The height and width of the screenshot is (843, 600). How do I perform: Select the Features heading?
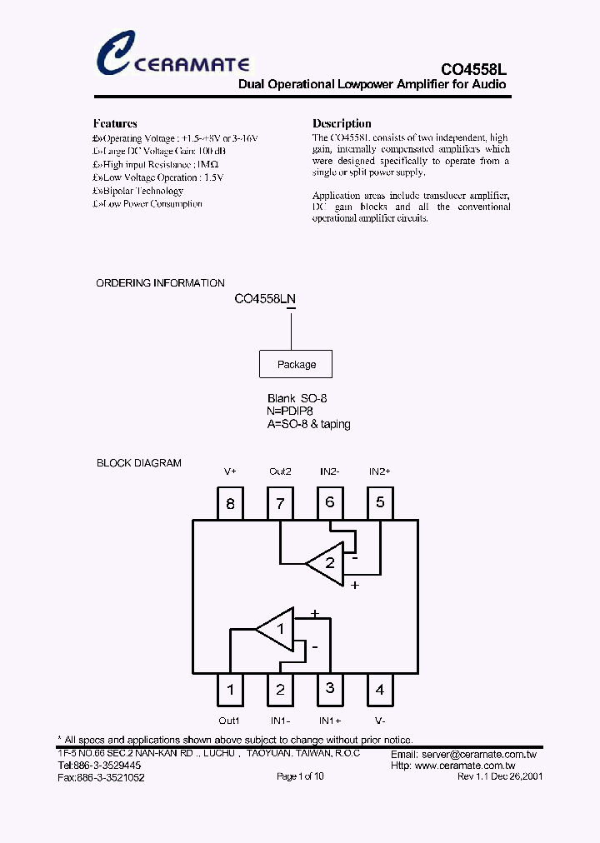click(115, 123)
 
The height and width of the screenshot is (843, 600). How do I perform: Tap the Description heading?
click(342, 123)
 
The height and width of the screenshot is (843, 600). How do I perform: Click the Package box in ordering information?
click(297, 364)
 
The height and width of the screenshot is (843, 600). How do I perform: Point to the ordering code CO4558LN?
click(265, 298)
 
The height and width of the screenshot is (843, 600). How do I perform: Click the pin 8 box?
click(230, 503)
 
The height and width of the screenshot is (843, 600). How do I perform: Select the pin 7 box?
click(280, 503)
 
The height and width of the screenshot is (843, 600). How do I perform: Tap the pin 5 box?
click(380, 502)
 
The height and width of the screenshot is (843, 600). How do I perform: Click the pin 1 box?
click(230, 689)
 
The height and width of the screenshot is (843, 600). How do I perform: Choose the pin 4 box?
click(380, 689)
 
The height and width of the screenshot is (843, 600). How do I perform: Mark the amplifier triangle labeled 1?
click(276, 628)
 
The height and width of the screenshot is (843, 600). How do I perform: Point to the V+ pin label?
click(230, 471)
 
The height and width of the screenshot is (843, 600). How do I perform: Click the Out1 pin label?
click(229, 721)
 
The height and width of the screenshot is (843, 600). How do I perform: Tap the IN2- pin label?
click(330, 471)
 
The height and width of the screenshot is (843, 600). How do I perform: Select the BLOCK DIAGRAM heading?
click(138, 463)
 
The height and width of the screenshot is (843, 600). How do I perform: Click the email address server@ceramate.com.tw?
click(463, 755)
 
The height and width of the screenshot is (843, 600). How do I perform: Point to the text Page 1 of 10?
click(300, 776)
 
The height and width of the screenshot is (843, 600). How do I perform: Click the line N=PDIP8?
click(290, 412)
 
